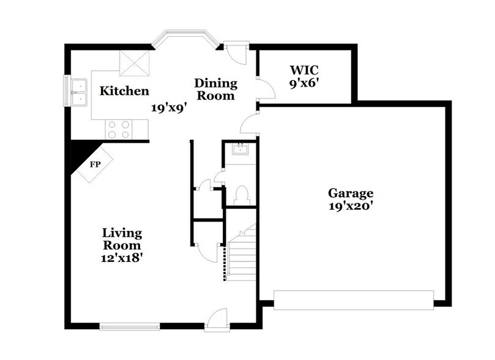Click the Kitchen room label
124,91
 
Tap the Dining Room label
215,89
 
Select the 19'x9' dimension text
169,107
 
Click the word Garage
349,193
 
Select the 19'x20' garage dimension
349,206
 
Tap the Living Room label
122,239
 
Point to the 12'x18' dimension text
122,258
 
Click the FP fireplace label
95,164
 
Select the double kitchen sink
79,92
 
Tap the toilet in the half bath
241,195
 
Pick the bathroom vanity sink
240,149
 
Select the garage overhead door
353,299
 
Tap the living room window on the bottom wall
129,326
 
